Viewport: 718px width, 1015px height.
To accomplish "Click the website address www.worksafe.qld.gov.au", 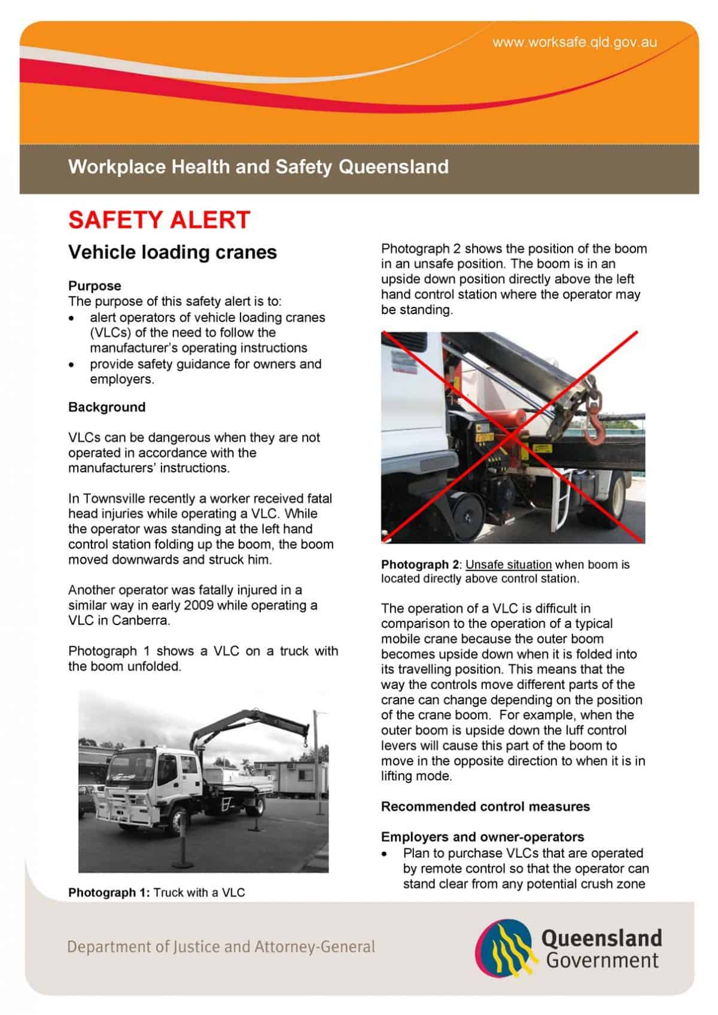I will [574, 42].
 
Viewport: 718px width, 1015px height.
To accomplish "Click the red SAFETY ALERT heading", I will [159, 220].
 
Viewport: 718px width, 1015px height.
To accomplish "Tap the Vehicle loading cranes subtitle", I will [172, 252].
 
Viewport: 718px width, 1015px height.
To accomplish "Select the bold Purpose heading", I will [95, 286].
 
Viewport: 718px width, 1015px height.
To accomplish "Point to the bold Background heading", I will [107, 407].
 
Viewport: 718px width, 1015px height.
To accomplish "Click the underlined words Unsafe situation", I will [509, 565].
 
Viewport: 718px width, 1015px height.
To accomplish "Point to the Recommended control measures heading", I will [485, 807].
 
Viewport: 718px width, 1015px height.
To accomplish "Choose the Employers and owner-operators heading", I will [483, 837].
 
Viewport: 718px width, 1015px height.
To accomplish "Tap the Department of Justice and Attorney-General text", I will [221, 947].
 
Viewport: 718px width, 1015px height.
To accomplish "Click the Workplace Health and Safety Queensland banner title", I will [258, 166].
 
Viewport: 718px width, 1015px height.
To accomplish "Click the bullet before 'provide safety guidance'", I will [72, 364].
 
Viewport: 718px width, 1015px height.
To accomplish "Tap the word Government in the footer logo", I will [603, 961].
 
